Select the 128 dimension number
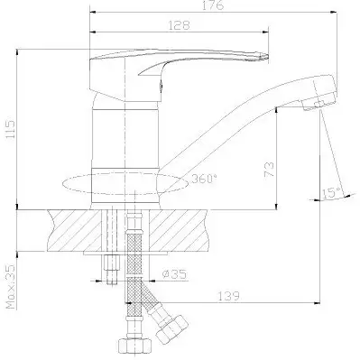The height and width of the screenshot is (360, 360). (x=179, y=25)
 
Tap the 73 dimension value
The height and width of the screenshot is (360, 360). (x=269, y=169)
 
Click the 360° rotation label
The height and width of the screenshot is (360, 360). (x=204, y=179)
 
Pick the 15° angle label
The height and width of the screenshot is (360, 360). (x=332, y=192)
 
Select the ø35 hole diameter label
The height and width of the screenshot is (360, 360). (x=174, y=274)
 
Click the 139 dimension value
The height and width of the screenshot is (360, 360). (x=228, y=296)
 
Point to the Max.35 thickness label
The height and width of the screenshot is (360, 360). (x=11, y=286)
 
